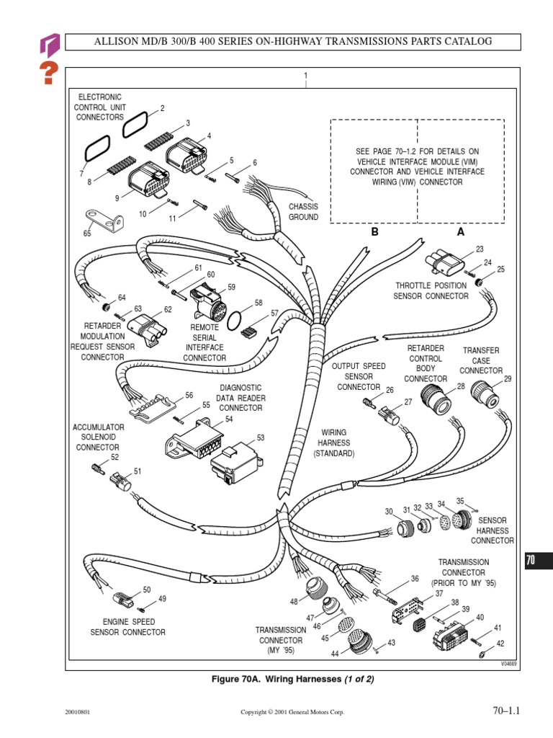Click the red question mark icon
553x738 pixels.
48,73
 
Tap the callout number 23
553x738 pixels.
480,249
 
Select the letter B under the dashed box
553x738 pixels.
374,233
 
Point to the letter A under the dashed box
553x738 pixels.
460,233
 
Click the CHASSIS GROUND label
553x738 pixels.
303,212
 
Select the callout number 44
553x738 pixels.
336,653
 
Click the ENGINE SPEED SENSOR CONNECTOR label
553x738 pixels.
127,627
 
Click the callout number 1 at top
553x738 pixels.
306,76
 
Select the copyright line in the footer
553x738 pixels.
292,712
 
